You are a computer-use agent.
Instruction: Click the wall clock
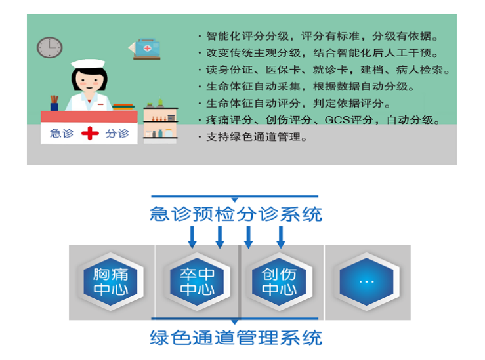pyautogui.click(x=49, y=48)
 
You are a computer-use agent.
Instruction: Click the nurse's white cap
pyautogui.click(x=88, y=64)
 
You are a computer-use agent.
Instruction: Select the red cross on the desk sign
pyautogui.click(x=90, y=133)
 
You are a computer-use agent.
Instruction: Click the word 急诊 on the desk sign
pyautogui.click(x=62, y=133)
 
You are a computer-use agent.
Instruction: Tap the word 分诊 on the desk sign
pyautogui.click(x=117, y=133)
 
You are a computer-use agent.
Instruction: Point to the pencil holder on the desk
pyautogui.click(x=54, y=103)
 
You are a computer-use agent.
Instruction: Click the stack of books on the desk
pyautogui.click(x=123, y=107)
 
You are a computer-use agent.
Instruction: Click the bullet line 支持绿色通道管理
pyautogui.click(x=253, y=136)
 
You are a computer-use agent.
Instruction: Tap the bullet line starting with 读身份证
pyautogui.click(x=324, y=70)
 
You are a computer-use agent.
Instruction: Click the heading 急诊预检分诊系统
pyautogui.click(x=236, y=214)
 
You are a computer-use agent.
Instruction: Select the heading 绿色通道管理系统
pyautogui.click(x=236, y=338)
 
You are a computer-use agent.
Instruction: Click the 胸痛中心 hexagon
pyautogui.click(x=110, y=281)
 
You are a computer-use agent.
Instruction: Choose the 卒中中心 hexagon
pyautogui.click(x=197, y=281)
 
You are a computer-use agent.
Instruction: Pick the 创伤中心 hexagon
pyautogui.click(x=279, y=281)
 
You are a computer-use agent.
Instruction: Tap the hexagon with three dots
pyautogui.click(x=366, y=281)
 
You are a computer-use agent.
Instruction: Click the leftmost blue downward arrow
pyautogui.click(x=192, y=237)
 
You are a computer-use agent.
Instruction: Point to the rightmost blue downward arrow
pyautogui.click(x=281, y=237)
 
